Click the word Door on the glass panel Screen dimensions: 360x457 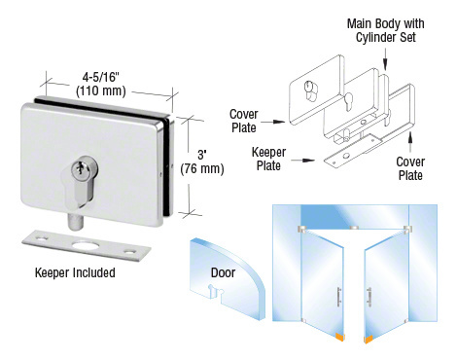(x=223, y=274)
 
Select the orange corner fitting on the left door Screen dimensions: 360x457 (x=338, y=340)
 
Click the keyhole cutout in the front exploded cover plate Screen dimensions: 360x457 (x=310, y=93)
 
